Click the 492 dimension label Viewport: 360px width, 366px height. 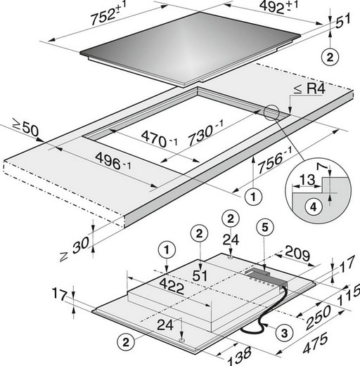(278, 7)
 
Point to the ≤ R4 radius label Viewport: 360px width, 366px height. (309, 89)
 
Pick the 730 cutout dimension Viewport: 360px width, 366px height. (206, 133)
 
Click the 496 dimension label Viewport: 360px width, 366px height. (113, 161)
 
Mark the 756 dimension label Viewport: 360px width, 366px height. (275, 159)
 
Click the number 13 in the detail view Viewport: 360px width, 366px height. (307, 181)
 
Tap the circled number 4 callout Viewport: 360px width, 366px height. (314, 207)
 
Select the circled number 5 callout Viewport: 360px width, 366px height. (265, 227)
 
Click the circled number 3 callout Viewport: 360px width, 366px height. (284, 333)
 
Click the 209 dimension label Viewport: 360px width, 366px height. (297, 254)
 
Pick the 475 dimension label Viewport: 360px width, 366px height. (316, 344)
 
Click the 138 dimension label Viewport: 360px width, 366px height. (239, 356)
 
